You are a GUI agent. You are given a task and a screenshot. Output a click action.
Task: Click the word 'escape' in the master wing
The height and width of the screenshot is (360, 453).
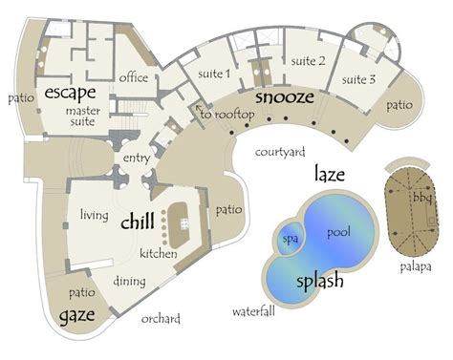point(70,93)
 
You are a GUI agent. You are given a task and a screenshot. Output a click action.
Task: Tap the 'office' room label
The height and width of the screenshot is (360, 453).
point(134,77)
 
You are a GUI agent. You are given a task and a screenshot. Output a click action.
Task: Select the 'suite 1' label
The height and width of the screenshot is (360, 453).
point(214,74)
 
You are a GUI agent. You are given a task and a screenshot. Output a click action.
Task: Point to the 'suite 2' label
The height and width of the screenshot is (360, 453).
point(308,61)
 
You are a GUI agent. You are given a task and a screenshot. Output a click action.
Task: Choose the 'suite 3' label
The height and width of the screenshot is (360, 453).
point(358,79)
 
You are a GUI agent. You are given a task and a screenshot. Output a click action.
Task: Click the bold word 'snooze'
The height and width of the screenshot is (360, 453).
point(285,97)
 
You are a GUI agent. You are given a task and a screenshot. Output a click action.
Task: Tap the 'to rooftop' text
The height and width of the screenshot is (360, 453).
point(227,115)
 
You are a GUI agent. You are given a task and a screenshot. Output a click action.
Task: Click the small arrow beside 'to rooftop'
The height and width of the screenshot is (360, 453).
point(199,107)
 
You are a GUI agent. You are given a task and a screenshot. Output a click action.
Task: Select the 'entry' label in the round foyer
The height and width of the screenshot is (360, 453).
point(137,159)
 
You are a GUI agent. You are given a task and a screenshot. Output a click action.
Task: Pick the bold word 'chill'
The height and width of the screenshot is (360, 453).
point(138,221)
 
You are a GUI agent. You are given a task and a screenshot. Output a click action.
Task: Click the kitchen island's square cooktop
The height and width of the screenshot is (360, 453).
point(184,223)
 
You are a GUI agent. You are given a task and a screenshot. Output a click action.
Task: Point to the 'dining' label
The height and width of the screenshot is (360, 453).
point(129,282)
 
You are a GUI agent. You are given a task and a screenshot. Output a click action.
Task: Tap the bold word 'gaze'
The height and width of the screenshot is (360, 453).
point(77,315)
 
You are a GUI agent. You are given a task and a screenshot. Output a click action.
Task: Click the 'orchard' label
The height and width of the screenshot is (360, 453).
point(161,319)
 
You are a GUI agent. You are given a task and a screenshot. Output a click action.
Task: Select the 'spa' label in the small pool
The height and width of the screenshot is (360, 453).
point(291,239)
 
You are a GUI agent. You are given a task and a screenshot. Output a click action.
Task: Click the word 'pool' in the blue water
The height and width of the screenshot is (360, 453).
point(338,232)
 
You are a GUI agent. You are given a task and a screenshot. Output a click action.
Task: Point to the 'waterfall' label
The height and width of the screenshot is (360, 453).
point(253,311)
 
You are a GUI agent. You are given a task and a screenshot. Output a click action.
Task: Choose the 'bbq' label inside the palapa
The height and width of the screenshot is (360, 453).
point(422,198)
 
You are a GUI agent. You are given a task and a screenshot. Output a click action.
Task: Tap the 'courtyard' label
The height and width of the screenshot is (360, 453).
point(280,152)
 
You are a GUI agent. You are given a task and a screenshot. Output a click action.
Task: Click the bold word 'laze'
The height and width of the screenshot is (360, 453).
point(330,174)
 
